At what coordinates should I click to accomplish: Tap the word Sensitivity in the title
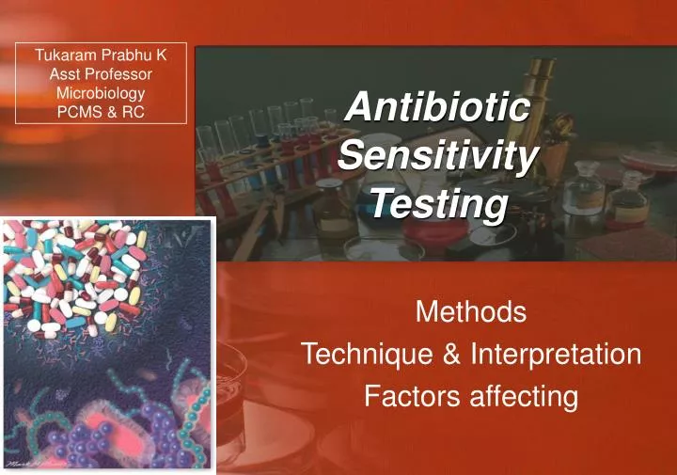(x=437, y=155)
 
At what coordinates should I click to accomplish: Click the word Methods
(x=470, y=310)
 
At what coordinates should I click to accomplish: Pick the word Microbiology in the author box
(x=101, y=93)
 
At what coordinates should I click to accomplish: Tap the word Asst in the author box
(x=62, y=74)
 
